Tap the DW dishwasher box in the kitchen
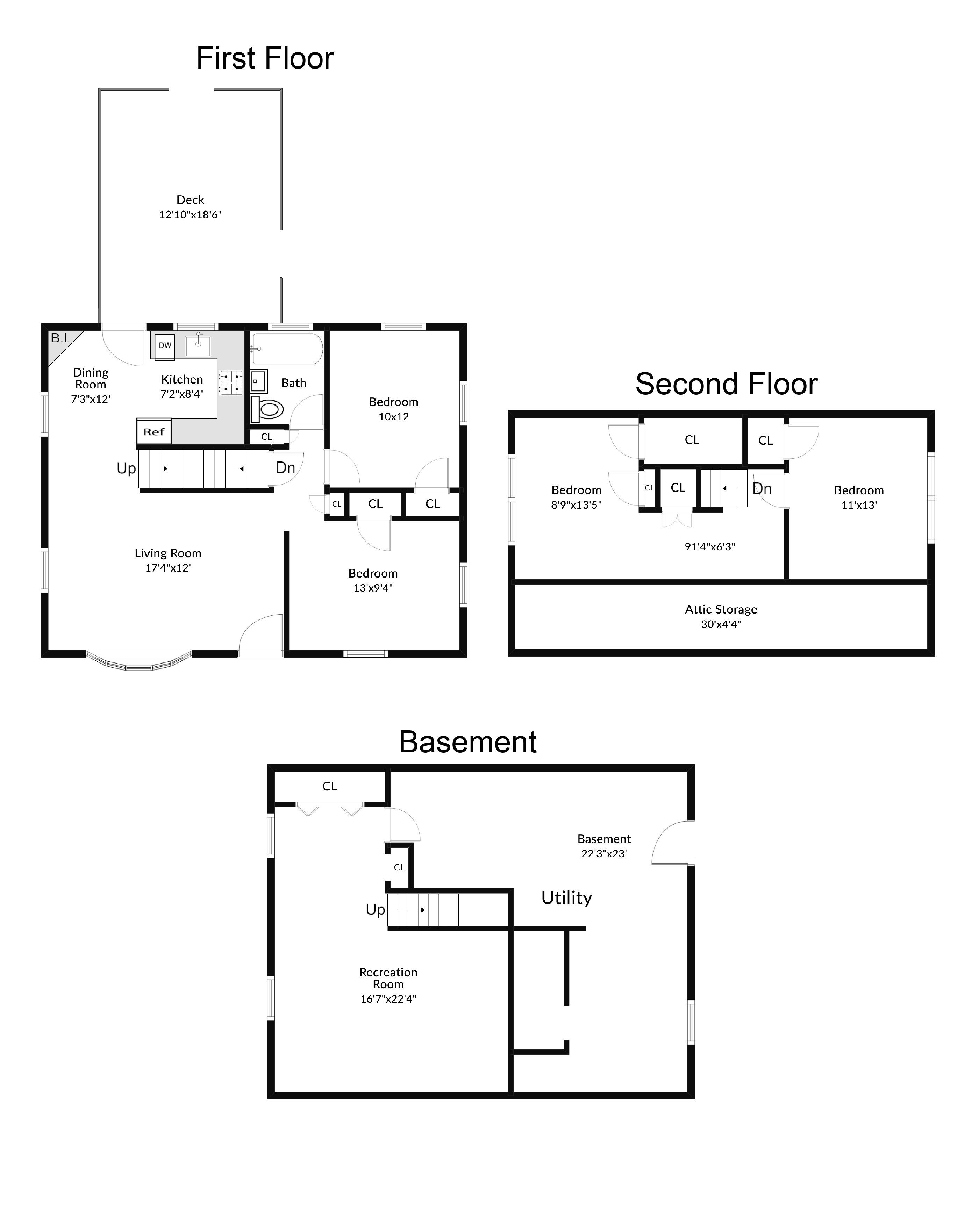165,346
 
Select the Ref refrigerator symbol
153,432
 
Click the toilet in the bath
268,409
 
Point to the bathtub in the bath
287,349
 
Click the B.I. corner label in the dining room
60,338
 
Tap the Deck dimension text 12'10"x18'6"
190,215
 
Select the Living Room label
167,553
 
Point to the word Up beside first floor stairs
126,468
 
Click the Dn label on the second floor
762,489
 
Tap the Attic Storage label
721,609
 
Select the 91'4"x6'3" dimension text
709,546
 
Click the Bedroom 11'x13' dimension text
858,505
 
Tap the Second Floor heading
726,385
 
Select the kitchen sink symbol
198,346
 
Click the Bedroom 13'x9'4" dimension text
373,588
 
